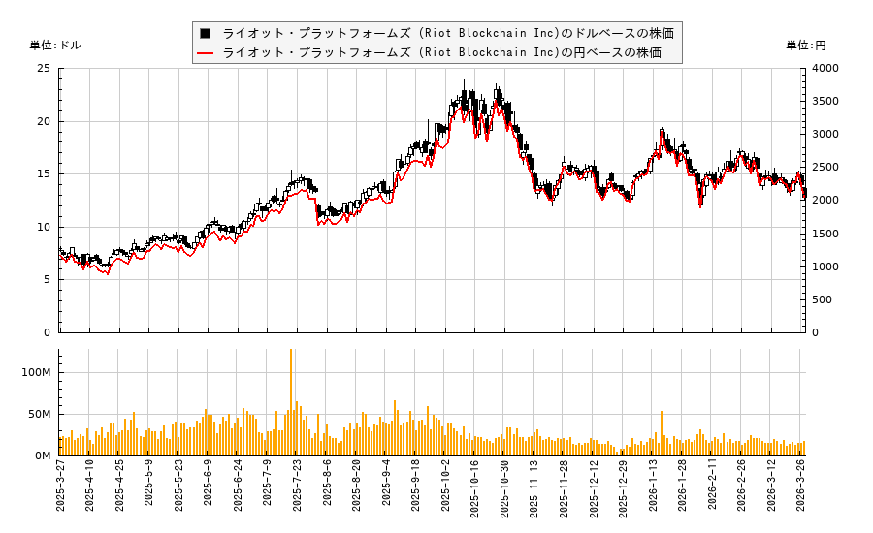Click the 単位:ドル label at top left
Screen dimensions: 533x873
click(x=56, y=46)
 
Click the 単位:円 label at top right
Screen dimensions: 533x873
click(x=805, y=46)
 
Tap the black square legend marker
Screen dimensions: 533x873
click(x=205, y=33)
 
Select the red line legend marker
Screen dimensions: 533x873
click(x=205, y=52)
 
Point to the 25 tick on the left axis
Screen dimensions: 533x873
click(x=44, y=69)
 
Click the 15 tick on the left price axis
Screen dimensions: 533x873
click(x=44, y=174)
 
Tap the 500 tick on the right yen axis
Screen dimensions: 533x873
click(x=821, y=300)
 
